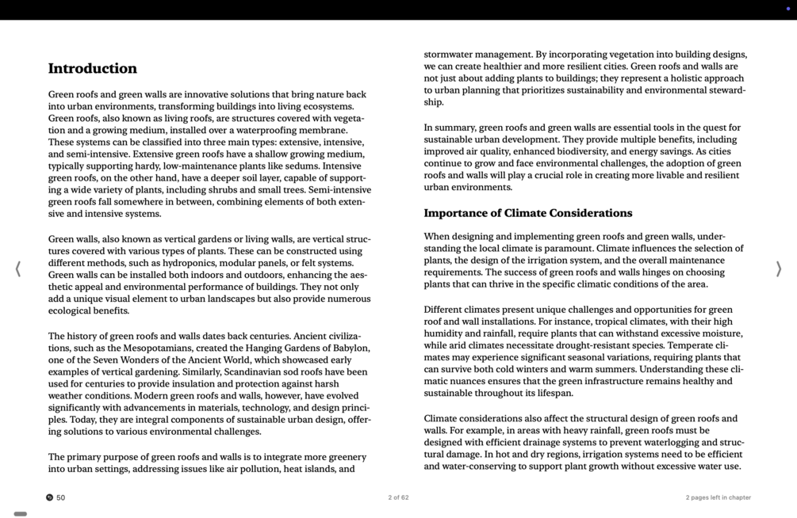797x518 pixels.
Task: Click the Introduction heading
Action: (x=92, y=69)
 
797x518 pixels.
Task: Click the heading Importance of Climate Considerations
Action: (x=527, y=213)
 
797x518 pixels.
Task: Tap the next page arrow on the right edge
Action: (x=778, y=269)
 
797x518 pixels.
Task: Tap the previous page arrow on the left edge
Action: (x=18, y=269)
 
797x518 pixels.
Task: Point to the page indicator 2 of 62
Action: (x=398, y=497)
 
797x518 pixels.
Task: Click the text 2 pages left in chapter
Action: (x=718, y=497)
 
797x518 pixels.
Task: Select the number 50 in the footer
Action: (x=61, y=497)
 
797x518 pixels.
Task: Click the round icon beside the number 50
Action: (x=49, y=497)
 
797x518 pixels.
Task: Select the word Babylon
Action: (x=350, y=348)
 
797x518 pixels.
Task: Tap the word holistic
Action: (x=674, y=78)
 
